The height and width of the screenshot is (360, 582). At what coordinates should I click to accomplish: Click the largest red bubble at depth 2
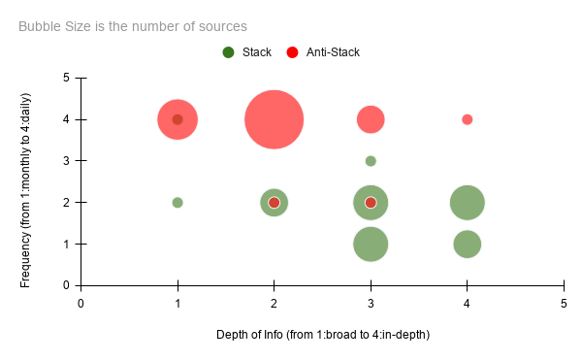pos(275,119)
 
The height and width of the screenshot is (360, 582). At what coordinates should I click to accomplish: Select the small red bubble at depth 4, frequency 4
pos(468,119)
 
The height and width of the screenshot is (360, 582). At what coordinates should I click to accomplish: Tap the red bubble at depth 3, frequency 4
pos(371,119)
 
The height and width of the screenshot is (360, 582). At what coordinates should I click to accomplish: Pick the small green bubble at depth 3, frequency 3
pos(371,161)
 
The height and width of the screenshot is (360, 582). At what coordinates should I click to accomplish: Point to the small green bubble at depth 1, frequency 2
pos(178,203)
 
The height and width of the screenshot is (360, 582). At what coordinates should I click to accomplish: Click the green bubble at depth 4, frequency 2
pos(468,203)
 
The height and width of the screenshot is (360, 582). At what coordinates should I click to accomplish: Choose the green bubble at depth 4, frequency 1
pos(468,244)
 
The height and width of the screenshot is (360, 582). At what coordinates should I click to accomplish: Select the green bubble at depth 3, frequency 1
pos(371,244)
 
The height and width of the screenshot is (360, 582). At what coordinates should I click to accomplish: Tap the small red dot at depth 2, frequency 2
pos(275,203)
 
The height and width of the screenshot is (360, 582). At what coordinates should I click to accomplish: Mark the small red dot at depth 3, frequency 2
pos(371,203)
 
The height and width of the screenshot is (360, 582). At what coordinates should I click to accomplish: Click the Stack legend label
pos(256,51)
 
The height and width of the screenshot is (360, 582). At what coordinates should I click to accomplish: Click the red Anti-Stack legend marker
pos(292,51)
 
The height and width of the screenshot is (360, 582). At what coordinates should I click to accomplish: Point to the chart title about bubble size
pos(132,26)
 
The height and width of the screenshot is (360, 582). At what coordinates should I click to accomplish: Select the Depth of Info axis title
pos(322,335)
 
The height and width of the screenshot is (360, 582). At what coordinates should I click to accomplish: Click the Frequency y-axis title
pos(26,181)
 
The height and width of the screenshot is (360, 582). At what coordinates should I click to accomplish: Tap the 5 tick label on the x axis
pos(564,304)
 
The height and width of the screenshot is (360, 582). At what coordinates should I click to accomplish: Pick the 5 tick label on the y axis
pos(66,78)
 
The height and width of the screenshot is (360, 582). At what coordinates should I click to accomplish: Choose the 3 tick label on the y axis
pos(66,161)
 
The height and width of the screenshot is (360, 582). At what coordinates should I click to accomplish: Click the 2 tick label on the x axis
pos(275,304)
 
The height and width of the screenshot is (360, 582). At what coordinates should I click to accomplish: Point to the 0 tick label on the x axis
pos(81,304)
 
